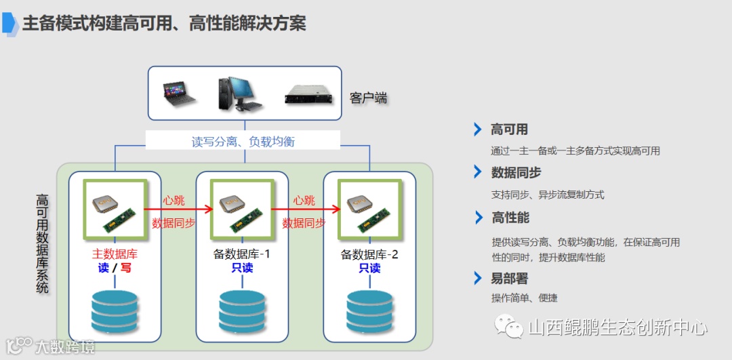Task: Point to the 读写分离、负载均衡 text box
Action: [243, 141]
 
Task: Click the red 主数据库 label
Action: [115, 254]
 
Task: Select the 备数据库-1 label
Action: [242, 254]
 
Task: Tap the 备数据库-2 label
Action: [369, 255]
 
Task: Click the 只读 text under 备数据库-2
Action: [369, 268]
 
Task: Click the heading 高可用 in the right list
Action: [509, 129]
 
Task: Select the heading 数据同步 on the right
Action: [516, 173]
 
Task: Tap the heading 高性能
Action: [510, 218]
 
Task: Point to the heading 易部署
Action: [509, 278]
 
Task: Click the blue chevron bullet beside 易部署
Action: [478, 278]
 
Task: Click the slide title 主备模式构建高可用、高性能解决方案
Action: [164, 24]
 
